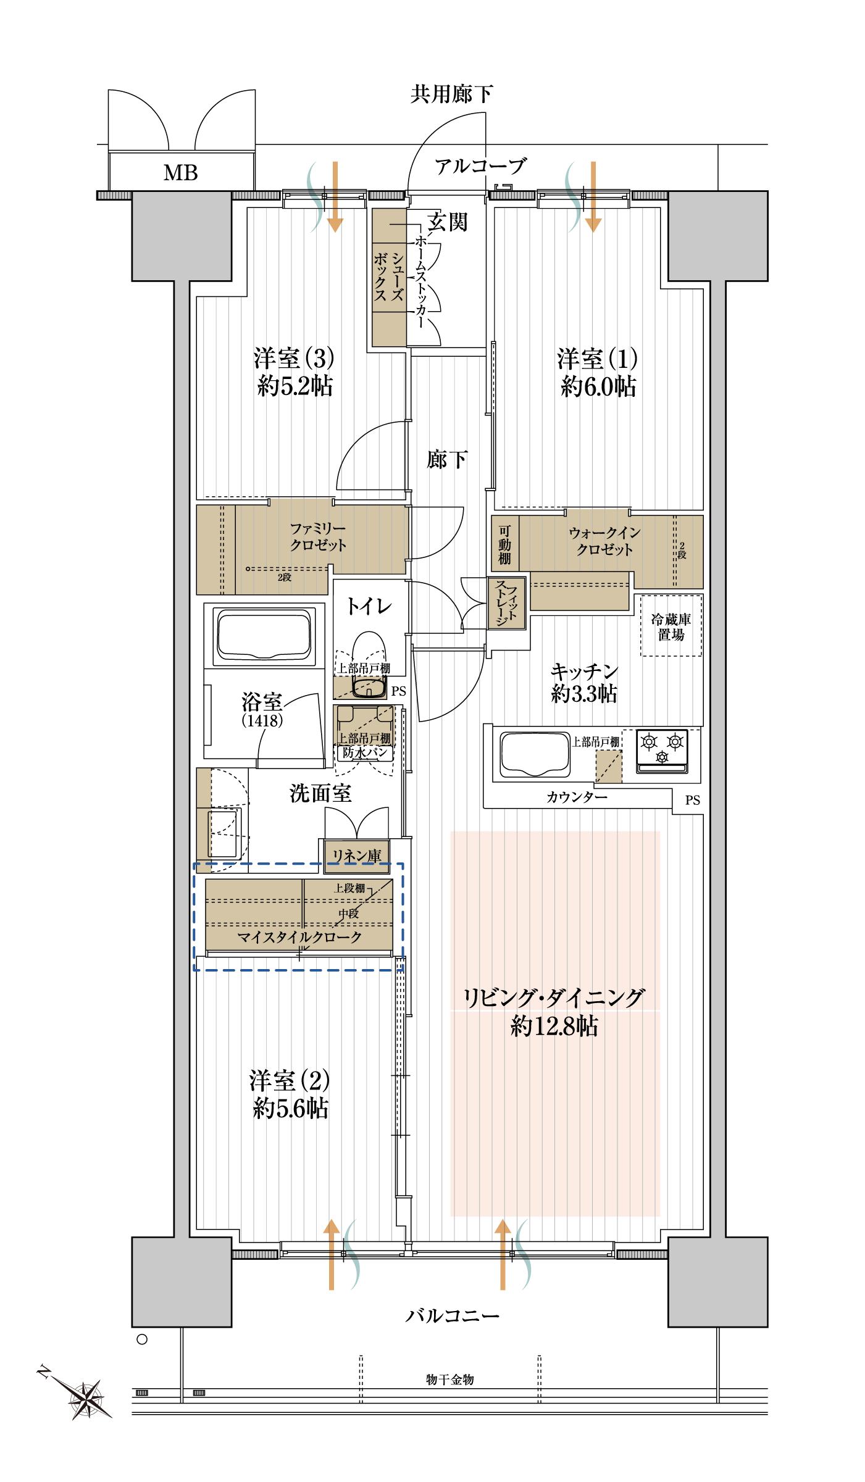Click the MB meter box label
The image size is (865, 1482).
click(180, 173)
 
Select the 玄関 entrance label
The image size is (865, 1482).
click(448, 222)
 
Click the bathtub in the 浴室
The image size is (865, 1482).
click(264, 634)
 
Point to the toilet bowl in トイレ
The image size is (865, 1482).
click(369, 664)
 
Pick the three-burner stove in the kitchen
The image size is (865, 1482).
click(662, 751)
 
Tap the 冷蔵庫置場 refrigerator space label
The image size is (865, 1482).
click(671, 627)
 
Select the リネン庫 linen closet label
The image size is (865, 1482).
click(357, 856)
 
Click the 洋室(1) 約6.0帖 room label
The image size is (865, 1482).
click(598, 372)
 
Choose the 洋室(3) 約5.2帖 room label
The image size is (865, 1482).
click(295, 372)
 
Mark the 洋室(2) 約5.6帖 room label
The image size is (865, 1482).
click(290, 1094)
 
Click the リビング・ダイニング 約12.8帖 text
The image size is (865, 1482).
click(554, 1012)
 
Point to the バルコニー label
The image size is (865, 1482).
click(453, 1315)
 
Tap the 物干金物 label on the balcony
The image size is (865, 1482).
click(450, 1380)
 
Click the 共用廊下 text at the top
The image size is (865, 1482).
click(452, 94)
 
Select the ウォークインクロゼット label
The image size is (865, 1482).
click(604, 541)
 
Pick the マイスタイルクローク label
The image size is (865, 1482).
click(299, 937)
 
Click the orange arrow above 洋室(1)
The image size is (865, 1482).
click(593, 197)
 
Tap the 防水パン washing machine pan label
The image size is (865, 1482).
click(365, 752)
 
